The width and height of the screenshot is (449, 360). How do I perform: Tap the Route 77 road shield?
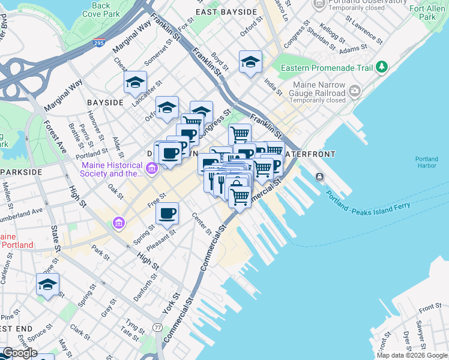(x=157, y=328)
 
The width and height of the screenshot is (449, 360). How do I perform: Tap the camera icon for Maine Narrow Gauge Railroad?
(x=355, y=91)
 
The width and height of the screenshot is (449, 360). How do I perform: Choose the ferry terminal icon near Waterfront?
(x=319, y=176)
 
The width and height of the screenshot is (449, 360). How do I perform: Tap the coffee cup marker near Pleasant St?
(x=167, y=212)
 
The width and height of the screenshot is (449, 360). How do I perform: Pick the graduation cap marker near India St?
(x=250, y=61)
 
